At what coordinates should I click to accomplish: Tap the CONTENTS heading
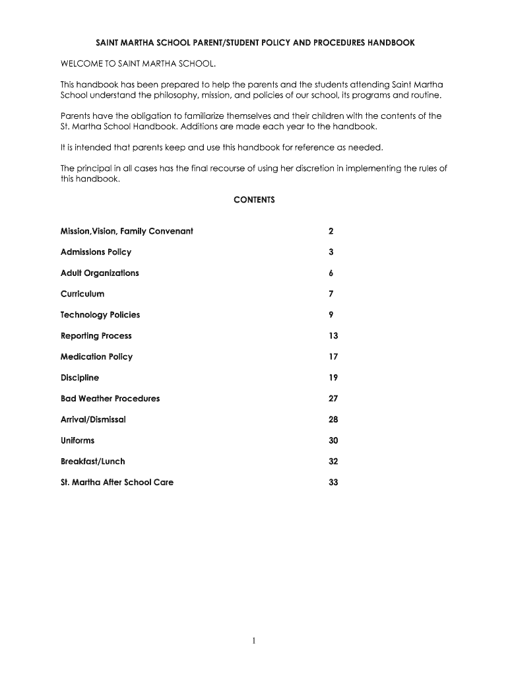(254, 199)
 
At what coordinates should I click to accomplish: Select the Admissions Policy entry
(96, 252)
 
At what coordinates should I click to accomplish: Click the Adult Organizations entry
(100, 273)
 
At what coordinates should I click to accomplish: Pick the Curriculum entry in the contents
(82, 294)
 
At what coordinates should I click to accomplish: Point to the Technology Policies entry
(100, 315)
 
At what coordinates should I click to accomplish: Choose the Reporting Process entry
(96, 336)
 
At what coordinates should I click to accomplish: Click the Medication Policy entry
(96, 357)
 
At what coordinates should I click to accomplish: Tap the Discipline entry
(80, 378)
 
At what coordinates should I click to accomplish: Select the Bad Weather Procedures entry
(110, 399)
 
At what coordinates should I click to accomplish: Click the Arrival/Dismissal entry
(93, 420)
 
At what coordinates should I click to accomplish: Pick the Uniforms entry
(78, 440)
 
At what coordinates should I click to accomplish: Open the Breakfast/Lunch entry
(92, 461)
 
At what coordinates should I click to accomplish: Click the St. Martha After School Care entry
(117, 483)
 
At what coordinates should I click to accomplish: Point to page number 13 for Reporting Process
(333, 336)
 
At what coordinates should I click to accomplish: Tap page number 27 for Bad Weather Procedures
(333, 399)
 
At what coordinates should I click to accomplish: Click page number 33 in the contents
(333, 483)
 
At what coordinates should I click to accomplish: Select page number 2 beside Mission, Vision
(331, 231)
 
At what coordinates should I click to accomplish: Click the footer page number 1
(254, 640)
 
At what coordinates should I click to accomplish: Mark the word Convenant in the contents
(171, 231)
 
